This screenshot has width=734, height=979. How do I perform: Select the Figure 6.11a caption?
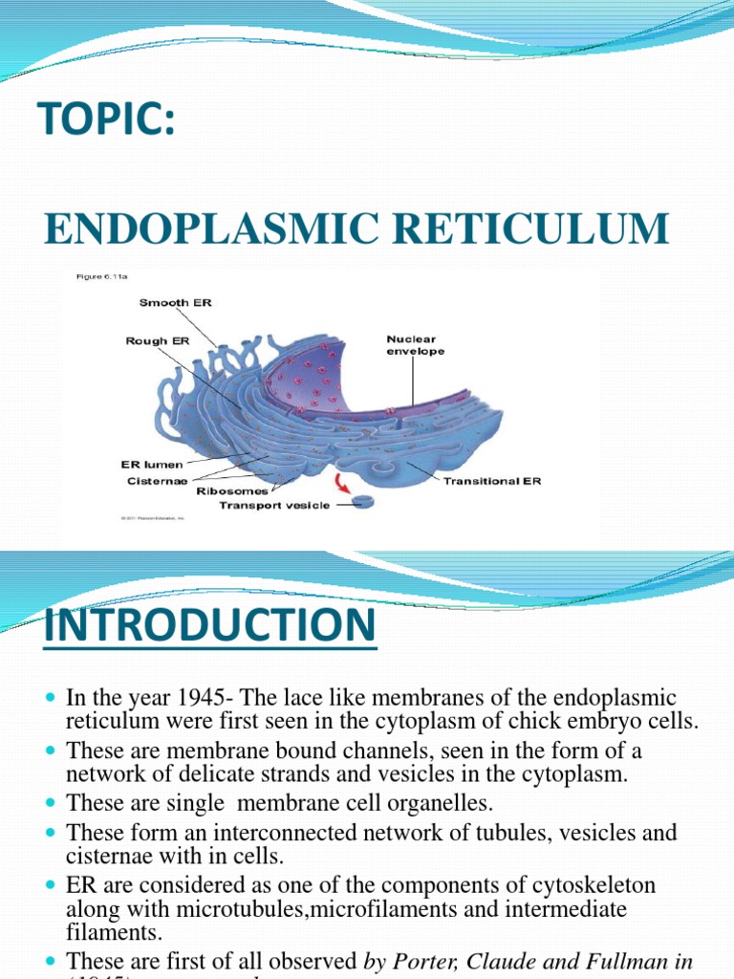102,277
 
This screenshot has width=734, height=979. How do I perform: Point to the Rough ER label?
159,340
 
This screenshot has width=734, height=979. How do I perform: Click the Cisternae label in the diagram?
155,481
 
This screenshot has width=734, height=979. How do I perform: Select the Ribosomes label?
232,491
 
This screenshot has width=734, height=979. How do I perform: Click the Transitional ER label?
491,481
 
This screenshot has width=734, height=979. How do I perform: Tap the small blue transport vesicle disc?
363,501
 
